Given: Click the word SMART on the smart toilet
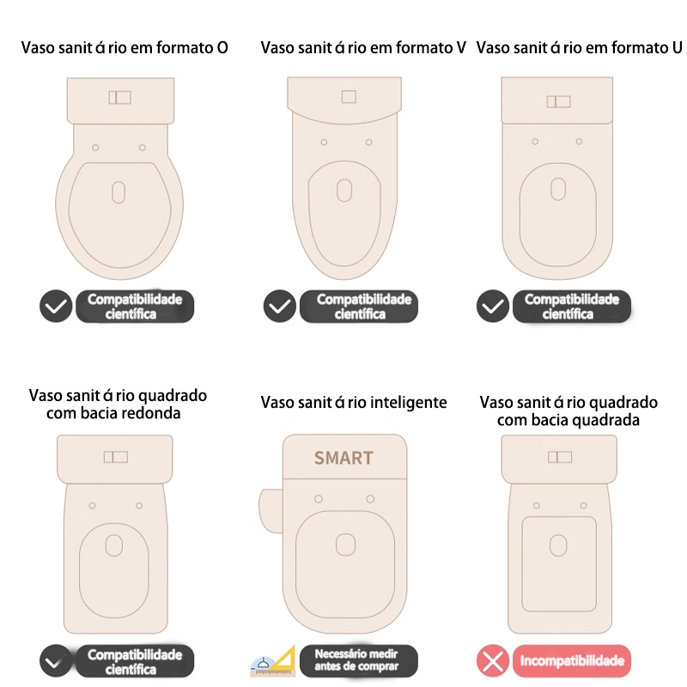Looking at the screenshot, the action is [343, 458].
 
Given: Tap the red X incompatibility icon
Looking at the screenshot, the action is [493, 660].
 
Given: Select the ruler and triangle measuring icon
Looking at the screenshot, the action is [273, 660].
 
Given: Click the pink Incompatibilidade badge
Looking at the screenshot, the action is [572, 660].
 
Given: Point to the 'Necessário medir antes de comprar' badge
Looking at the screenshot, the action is [359, 660].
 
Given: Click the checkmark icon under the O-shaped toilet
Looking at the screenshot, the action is [56, 307].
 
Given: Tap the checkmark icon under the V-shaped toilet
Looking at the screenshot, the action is [280, 307].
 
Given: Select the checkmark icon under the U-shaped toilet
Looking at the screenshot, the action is [493, 307].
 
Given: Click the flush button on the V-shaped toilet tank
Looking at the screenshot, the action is [349, 97].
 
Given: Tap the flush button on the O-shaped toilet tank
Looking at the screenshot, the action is [119, 97].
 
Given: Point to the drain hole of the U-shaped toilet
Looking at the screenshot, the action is [558, 189].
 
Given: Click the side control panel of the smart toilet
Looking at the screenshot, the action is [271, 511].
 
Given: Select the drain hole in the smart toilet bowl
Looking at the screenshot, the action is [345, 545].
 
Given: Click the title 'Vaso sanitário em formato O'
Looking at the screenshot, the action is [125, 48].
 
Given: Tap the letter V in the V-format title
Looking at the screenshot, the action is [461, 48].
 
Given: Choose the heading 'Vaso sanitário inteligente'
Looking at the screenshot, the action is [354, 403].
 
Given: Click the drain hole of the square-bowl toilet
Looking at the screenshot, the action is [558, 545].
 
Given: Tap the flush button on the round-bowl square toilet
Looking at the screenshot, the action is [116, 458].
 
